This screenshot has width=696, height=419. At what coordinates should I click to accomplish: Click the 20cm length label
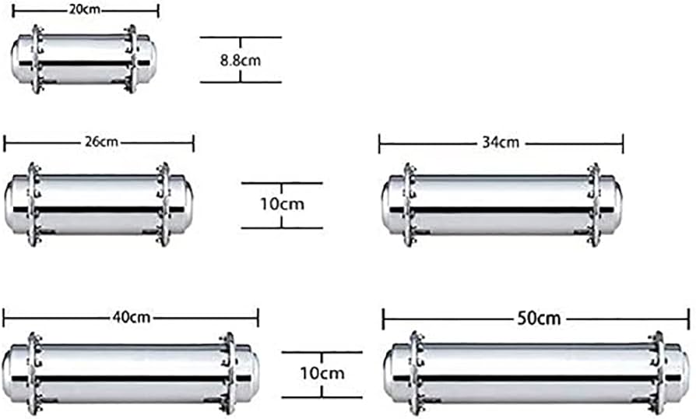point(85,9)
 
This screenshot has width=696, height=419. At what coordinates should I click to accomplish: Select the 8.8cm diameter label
point(241,60)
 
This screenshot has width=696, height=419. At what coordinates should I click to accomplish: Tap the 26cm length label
point(101,142)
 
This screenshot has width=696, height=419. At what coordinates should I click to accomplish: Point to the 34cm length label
point(501,143)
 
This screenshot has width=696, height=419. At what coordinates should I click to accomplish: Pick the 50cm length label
point(539,319)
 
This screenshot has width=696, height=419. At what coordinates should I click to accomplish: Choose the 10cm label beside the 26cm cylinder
point(282,204)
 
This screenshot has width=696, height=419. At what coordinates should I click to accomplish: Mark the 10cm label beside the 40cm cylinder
point(322,373)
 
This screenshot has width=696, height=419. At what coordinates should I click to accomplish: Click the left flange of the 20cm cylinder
point(37,59)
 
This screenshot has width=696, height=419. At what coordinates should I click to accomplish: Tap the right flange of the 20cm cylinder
point(131,59)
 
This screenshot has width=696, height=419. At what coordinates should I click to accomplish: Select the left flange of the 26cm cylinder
point(33,204)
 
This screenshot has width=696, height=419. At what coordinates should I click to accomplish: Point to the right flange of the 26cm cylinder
point(163,204)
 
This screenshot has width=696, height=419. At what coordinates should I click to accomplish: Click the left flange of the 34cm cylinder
point(410,205)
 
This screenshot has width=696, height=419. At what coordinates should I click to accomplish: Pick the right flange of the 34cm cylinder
point(593,205)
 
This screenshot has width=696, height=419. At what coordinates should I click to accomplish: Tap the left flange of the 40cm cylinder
point(34,374)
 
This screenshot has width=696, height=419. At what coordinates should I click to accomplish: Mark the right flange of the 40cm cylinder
point(228,374)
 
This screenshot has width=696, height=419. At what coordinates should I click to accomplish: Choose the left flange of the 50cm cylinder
point(416,374)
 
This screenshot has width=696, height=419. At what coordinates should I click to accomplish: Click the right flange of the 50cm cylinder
point(657,374)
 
